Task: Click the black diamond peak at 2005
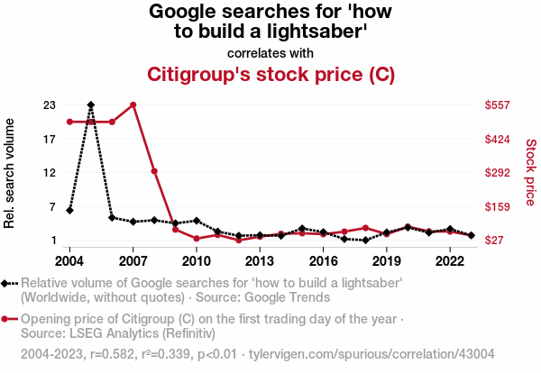click(x=90, y=105)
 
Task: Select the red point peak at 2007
click(x=133, y=105)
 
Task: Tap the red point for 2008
click(x=154, y=171)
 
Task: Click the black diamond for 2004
click(x=69, y=210)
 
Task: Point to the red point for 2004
click(x=69, y=122)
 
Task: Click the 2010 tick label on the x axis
click(x=197, y=261)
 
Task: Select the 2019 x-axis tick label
click(x=387, y=261)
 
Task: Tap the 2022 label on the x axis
click(x=450, y=261)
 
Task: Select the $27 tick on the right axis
click(x=496, y=241)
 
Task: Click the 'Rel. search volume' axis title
click(x=11, y=172)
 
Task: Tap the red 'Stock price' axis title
click(x=530, y=172)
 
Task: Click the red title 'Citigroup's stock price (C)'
click(x=270, y=74)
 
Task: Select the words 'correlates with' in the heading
click(x=270, y=52)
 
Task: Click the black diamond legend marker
click(x=8, y=283)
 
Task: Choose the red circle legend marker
click(x=8, y=319)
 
